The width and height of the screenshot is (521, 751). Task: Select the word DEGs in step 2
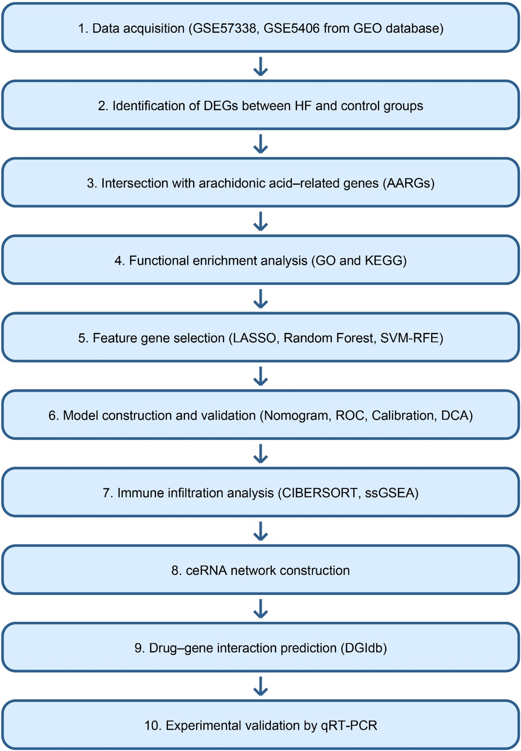tap(221, 106)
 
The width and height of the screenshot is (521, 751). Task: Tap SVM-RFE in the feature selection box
tap(409, 338)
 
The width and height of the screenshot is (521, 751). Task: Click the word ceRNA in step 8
tap(206, 570)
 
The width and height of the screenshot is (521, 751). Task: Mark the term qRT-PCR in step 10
tap(349, 725)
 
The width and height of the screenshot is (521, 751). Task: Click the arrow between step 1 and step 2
tap(260, 67)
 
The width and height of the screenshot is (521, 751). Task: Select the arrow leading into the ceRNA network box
tap(260, 531)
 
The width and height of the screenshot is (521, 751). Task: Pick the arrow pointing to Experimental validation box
tap(260, 686)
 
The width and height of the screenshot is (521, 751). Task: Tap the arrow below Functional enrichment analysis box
tap(260, 299)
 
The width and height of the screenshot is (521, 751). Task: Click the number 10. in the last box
tap(153, 725)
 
